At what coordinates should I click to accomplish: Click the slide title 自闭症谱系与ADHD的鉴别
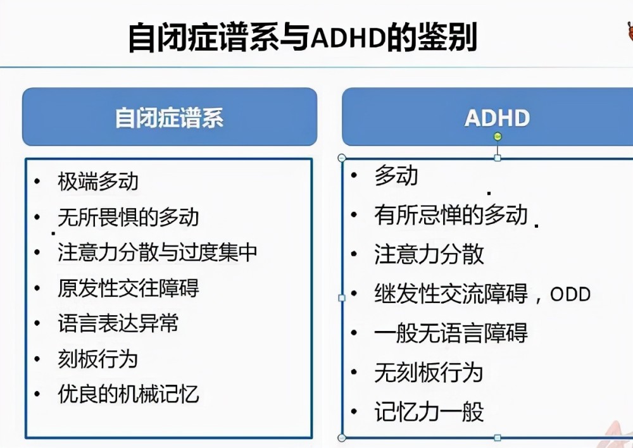[x=303, y=37]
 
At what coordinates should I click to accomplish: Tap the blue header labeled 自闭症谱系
[x=170, y=116]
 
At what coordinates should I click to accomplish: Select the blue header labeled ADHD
[x=487, y=116]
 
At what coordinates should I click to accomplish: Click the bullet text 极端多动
[x=98, y=181]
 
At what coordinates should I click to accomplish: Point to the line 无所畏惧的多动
[x=128, y=217]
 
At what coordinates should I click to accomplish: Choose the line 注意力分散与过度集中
[x=158, y=252]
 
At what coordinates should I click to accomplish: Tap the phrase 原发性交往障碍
[x=128, y=288]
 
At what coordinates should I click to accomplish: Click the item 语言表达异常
[x=118, y=323]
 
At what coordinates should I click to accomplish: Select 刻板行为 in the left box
[x=98, y=359]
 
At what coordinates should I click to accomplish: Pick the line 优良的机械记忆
[x=128, y=394]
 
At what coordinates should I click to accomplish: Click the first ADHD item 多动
[x=396, y=175]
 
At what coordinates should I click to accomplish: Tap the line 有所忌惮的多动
[x=451, y=215]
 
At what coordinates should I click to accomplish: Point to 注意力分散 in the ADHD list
[x=429, y=254]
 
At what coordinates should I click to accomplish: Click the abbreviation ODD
[x=570, y=294]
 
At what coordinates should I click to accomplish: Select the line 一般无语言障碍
[x=451, y=333]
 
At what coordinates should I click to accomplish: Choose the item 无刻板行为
[x=429, y=372]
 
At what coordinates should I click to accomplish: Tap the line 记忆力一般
[x=429, y=412]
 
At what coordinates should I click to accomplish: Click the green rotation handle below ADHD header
[x=498, y=137]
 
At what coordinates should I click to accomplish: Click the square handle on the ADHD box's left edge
[x=342, y=298]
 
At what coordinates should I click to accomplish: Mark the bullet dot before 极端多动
[x=37, y=181]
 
